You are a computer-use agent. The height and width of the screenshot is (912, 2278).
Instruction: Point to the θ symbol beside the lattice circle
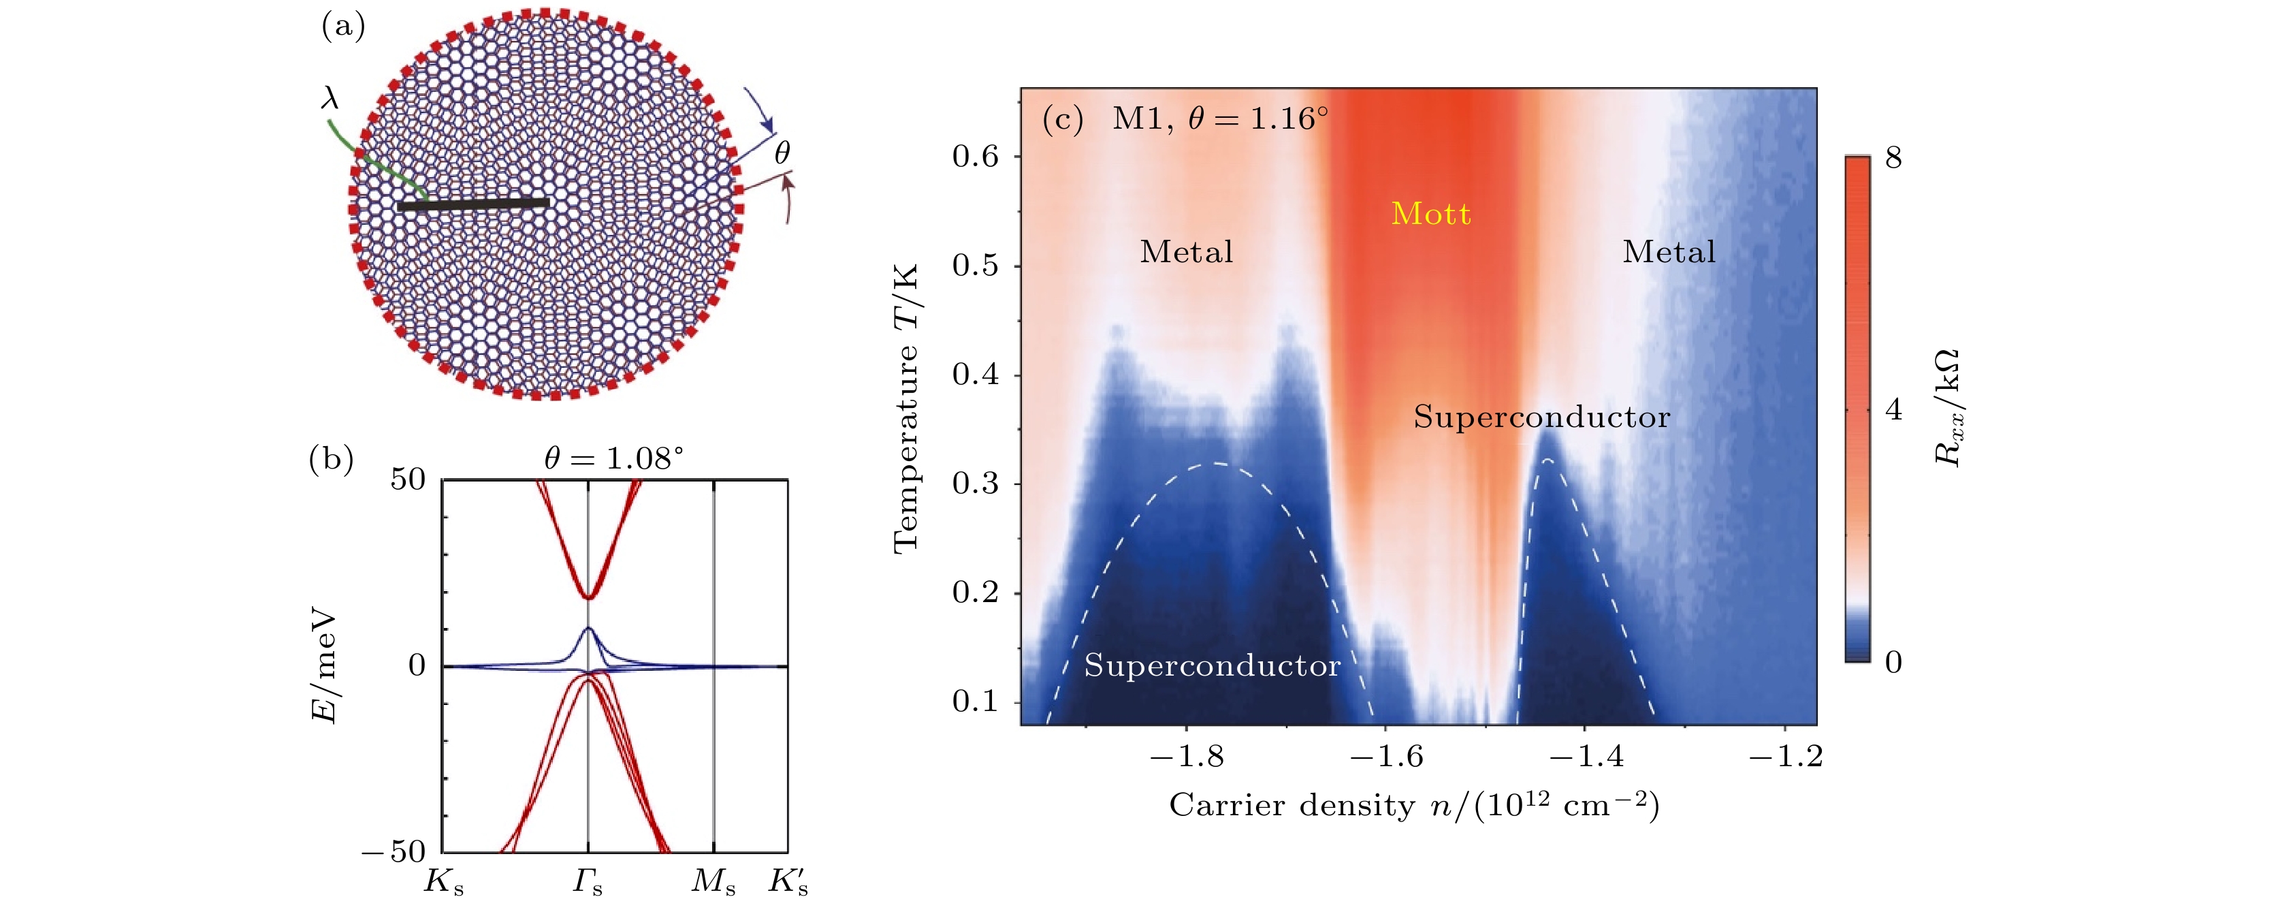[782, 153]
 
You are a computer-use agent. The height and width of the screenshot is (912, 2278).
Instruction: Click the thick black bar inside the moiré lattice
[473, 204]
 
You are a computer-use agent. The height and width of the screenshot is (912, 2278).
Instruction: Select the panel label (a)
[343, 27]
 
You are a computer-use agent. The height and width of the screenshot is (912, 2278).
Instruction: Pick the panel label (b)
[332, 459]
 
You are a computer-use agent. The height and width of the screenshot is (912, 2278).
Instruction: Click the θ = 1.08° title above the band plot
[613, 458]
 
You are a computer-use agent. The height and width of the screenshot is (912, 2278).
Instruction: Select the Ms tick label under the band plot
[713, 882]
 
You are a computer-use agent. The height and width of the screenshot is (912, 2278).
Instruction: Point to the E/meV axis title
[325, 665]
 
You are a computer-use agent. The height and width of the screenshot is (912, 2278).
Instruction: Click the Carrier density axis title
[1413, 805]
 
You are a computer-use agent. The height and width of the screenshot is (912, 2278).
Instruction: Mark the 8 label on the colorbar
[1893, 157]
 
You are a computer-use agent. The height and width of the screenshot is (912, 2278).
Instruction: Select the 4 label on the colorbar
[1893, 409]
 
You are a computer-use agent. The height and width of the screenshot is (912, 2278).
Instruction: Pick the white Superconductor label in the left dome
[1212, 665]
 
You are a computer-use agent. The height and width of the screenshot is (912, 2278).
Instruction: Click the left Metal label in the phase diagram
[1186, 252]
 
